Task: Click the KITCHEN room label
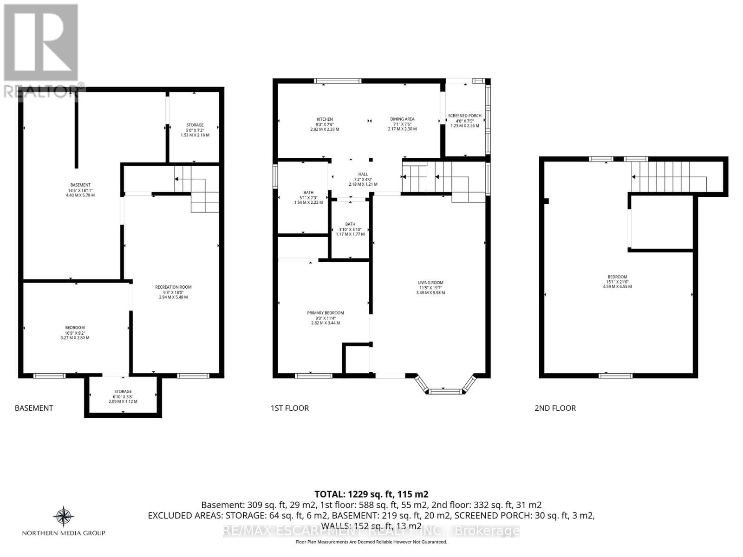[x=325, y=119]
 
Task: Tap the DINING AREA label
[x=402, y=119]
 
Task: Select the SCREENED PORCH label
[x=464, y=116]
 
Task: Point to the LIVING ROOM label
[x=430, y=283]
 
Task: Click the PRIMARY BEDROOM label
[x=326, y=313]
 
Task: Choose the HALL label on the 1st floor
[x=363, y=175]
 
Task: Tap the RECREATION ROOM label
[x=173, y=287]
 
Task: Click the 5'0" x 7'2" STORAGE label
[x=195, y=125]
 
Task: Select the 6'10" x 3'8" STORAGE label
[x=123, y=391]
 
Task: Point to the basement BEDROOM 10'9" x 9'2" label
[x=75, y=328]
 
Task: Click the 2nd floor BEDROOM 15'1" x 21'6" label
[x=617, y=277]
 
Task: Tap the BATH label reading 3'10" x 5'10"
[x=350, y=224]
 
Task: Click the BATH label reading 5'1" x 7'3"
[x=308, y=193]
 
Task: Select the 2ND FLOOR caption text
[x=555, y=408]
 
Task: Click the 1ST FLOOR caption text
[x=289, y=408]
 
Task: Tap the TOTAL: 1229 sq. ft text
[x=371, y=494]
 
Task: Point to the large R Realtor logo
[x=41, y=43]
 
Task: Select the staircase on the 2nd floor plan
[x=669, y=176]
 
